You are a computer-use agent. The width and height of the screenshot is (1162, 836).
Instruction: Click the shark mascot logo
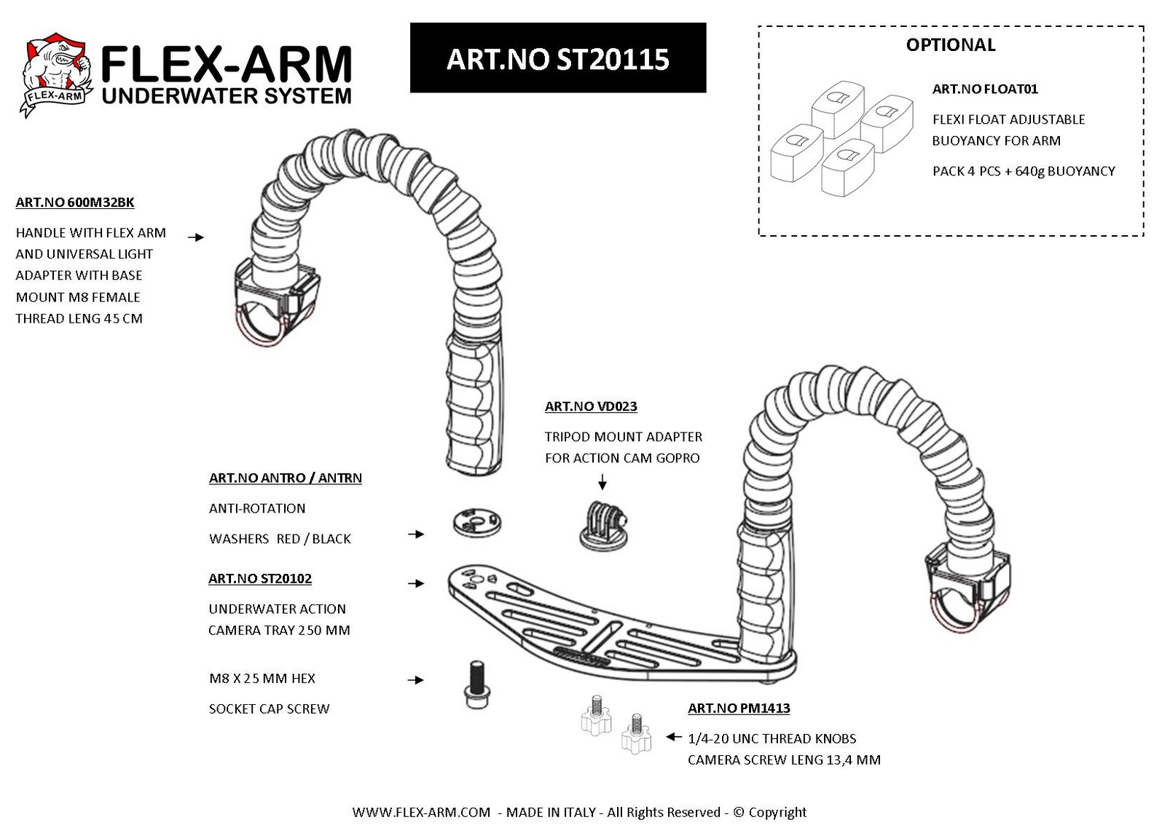tap(56, 74)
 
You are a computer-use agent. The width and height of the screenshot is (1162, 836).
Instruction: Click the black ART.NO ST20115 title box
tap(557, 58)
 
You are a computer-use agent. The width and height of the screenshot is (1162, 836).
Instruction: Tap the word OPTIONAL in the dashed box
tap(950, 45)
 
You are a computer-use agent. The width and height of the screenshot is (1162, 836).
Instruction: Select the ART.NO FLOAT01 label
tap(984, 89)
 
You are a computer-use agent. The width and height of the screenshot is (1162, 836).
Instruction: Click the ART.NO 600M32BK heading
tap(75, 202)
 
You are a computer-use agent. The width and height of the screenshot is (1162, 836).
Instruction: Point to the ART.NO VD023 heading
tap(591, 406)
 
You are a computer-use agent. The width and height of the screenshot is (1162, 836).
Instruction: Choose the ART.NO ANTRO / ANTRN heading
tap(286, 478)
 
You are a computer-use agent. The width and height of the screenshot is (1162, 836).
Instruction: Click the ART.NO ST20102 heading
tap(260, 578)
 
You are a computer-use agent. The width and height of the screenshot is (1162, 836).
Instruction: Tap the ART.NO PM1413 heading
tap(739, 708)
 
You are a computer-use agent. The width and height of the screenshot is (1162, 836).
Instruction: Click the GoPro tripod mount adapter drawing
tap(605, 525)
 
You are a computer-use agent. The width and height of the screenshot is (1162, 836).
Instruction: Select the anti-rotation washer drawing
tap(476, 521)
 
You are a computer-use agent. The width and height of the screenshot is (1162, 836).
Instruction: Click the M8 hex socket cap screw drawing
tap(476, 685)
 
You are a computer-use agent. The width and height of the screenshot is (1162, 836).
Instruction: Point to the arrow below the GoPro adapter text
tap(602, 481)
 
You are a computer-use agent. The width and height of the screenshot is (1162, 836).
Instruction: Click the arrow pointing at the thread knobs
tap(673, 736)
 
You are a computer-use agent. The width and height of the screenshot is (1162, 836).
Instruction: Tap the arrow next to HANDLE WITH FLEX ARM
tap(196, 237)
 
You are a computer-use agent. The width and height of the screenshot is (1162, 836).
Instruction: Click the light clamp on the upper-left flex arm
tap(277, 301)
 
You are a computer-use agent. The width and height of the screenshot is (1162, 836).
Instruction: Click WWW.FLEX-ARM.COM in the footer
tap(420, 812)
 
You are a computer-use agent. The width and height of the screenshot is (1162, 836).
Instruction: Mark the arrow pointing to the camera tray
tap(416, 583)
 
